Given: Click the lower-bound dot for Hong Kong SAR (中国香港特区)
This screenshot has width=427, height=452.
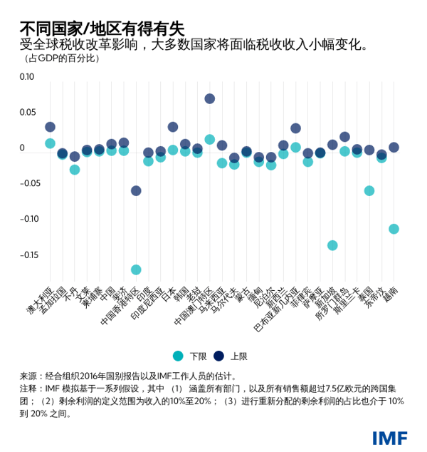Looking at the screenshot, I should (x=136, y=269).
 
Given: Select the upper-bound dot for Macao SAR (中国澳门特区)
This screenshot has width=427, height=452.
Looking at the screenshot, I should (x=210, y=98).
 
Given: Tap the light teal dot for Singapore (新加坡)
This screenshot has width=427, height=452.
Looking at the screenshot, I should (x=332, y=245).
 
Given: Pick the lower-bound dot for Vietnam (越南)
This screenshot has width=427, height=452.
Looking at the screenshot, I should (x=394, y=229).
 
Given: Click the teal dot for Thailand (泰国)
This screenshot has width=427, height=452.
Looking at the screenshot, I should (x=369, y=190).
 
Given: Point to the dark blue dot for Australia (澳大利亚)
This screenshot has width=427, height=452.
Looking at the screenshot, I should (x=50, y=127).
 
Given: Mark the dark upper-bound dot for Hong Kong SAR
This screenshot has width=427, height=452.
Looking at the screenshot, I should (x=136, y=190).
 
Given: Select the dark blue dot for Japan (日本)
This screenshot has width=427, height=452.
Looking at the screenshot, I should (x=173, y=127).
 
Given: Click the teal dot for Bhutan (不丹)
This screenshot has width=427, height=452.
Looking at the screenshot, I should (x=75, y=170).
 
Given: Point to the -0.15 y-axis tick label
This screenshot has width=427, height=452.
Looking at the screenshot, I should (x=26, y=255).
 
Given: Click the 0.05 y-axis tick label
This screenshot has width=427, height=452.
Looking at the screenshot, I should (x=26, y=113).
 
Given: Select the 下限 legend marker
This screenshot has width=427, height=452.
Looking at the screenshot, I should (x=179, y=356).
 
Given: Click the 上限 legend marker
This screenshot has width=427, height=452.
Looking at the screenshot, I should (x=219, y=356).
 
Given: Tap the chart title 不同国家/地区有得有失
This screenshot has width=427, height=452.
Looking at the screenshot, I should (x=102, y=29).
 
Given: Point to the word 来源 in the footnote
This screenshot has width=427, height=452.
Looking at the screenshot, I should (x=29, y=376).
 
